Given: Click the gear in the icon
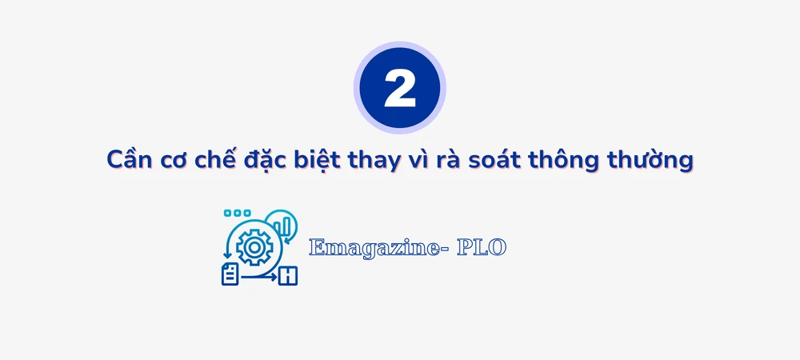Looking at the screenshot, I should tap(254, 248).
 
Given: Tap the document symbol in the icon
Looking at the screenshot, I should tap(230, 274).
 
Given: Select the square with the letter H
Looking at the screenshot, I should tap(287, 277).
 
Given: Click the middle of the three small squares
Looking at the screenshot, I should tap(237, 214).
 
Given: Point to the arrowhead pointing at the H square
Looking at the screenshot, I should tap(274, 277).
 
